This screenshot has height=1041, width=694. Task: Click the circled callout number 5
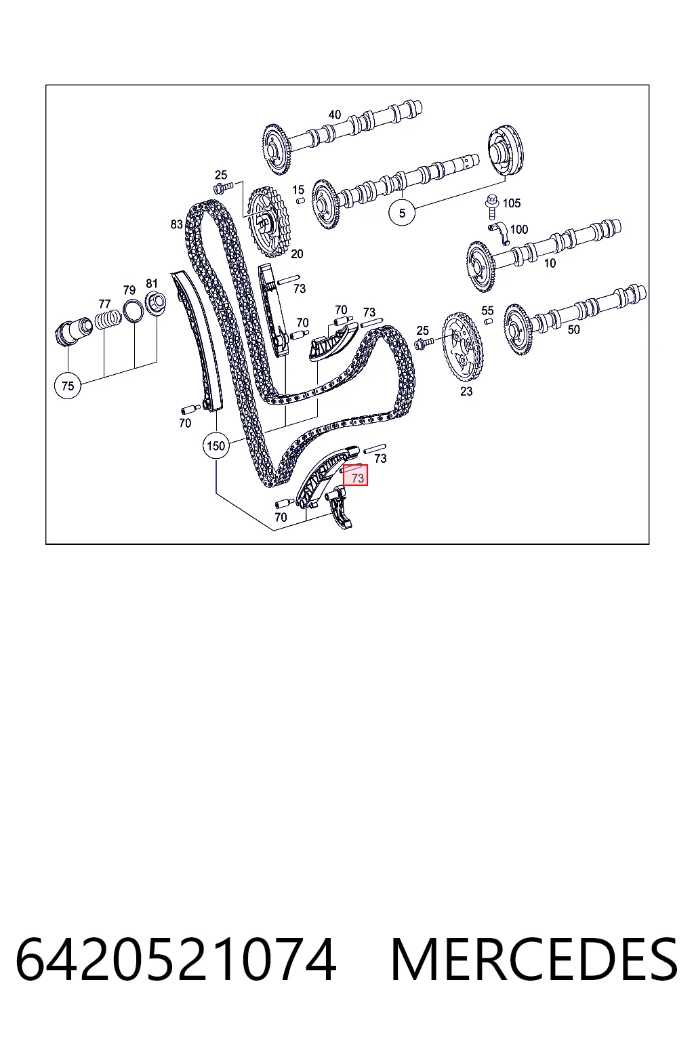[x=402, y=213]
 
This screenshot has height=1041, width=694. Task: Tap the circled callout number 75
[x=68, y=386]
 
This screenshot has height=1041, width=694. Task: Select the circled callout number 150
[x=216, y=446]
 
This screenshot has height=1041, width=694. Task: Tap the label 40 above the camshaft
[x=335, y=115]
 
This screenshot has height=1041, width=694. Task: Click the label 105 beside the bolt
[x=511, y=203]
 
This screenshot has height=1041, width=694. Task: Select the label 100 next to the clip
[x=518, y=229]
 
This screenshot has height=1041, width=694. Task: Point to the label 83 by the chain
[x=176, y=224]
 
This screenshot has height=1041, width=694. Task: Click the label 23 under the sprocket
[x=466, y=391]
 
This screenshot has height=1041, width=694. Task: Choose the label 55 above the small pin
[x=487, y=310]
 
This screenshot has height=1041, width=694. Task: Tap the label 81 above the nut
[x=152, y=283]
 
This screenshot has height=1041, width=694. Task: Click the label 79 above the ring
[x=129, y=290]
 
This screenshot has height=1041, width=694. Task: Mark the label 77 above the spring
[x=104, y=304]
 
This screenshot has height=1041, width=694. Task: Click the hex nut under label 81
[x=156, y=303]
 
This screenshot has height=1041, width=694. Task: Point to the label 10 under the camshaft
[x=550, y=264]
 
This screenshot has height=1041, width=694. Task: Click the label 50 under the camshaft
[x=573, y=329]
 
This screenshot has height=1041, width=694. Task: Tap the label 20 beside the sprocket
[x=297, y=253]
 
